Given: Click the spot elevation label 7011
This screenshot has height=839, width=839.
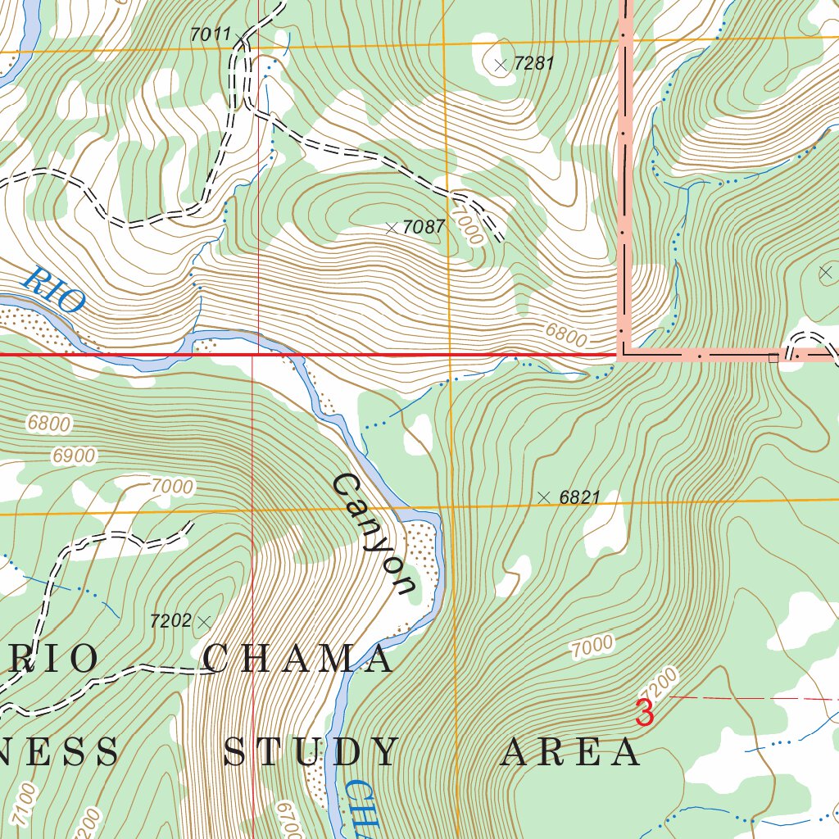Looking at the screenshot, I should point(211,34).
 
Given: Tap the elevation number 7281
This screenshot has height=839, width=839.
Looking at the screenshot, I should point(534,63).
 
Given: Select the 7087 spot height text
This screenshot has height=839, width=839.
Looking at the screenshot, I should point(424,227).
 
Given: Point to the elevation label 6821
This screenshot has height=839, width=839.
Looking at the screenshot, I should point(580,497).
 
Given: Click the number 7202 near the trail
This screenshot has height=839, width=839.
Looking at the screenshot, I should point(170,621).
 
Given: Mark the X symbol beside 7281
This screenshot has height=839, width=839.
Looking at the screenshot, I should point(501,65).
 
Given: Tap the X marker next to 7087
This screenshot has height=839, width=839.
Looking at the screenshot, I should point(391,229).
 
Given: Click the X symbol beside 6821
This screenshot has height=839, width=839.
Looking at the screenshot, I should point(544,497).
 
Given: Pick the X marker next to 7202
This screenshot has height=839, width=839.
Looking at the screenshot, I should point(204,623).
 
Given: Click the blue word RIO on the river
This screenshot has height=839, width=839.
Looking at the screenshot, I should point(54,289).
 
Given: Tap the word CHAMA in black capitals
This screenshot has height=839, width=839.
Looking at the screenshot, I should point(298,660).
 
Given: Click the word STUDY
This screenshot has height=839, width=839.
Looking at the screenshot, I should point(311,752).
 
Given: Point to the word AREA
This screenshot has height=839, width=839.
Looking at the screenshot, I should point(570,752).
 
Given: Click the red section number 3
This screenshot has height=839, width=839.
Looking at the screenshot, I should point(645,713).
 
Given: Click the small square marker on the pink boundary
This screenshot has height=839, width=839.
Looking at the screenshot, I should point(772,357).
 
